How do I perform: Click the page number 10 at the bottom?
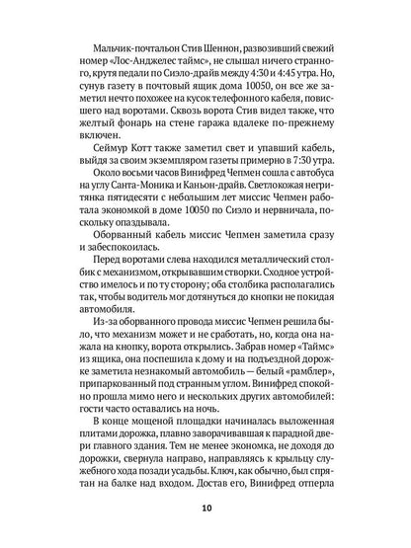coord(205,509)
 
